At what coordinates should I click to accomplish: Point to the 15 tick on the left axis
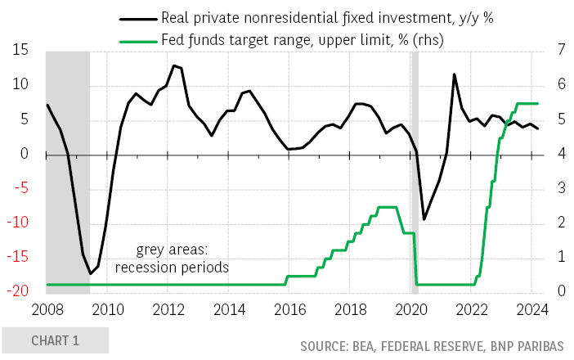coord(20,51)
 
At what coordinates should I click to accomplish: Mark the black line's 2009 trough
coord(90,273)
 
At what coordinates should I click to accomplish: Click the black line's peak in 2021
coord(454,74)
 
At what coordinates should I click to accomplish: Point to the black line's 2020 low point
coord(424,218)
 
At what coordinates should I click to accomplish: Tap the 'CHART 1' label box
coord(55,340)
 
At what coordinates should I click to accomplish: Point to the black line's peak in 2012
coord(173,65)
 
